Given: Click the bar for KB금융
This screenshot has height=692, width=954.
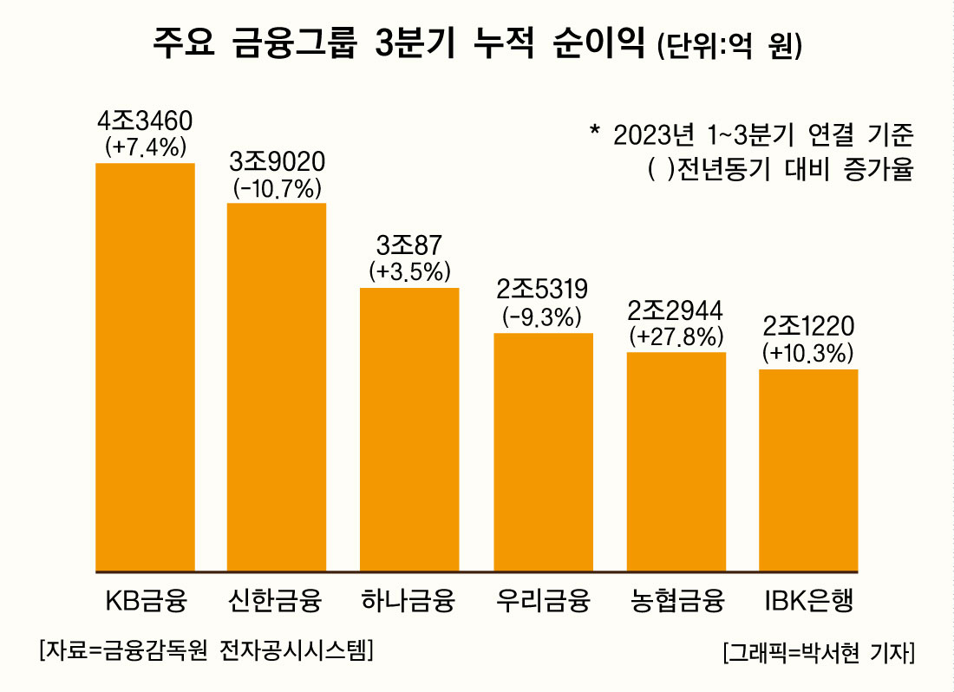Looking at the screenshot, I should [x=145, y=367].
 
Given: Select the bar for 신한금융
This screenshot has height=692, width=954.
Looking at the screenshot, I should [x=277, y=387].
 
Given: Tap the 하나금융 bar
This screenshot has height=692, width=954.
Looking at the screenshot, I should [x=409, y=429].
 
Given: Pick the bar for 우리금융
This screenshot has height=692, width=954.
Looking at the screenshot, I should [x=543, y=452].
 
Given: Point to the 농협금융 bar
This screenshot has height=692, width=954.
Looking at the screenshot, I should [x=676, y=461].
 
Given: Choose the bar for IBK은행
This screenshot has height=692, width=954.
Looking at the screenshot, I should [x=808, y=470].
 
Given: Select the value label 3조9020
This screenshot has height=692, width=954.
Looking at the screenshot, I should [x=278, y=162].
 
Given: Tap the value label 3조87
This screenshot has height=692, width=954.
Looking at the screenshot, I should [x=409, y=246].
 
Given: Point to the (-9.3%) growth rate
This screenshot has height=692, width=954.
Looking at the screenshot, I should [x=543, y=317].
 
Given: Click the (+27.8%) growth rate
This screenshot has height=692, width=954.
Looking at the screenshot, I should [x=676, y=336].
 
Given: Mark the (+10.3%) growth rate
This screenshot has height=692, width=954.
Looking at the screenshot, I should [x=808, y=353].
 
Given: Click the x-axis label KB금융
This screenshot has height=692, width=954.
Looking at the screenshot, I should [x=145, y=600].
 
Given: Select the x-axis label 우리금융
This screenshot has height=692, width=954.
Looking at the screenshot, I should [x=543, y=600].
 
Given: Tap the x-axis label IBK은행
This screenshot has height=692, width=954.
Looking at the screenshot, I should [x=808, y=600].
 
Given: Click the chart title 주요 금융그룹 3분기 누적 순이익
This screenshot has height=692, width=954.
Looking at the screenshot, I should [x=399, y=43].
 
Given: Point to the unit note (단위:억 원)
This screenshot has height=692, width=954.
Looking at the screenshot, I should [x=729, y=46].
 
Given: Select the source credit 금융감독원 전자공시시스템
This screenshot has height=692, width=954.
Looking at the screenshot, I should [x=206, y=650].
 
